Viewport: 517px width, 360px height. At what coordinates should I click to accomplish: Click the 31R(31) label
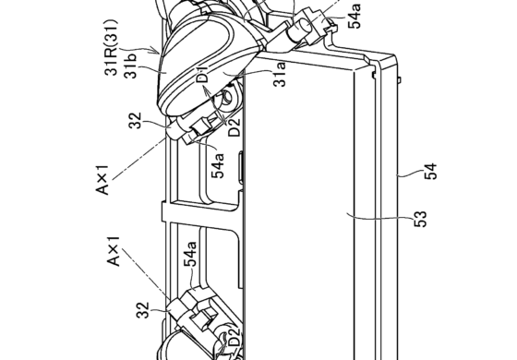(111, 47)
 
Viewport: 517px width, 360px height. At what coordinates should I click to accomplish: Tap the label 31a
(280, 75)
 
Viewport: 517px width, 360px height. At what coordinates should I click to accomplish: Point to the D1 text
(203, 74)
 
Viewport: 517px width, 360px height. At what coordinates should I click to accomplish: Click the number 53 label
(420, 219)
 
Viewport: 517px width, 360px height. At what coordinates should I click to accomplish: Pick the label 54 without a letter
(430, 172)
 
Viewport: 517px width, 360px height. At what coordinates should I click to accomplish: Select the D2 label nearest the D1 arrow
(234, 127)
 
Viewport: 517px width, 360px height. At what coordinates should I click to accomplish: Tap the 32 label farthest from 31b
(143, 310)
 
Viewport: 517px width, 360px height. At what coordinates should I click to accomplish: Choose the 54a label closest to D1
(218, 165)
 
